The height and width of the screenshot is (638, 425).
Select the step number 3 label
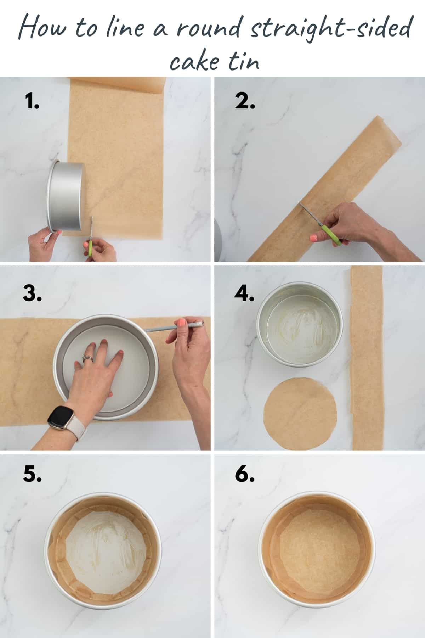[x=32, y=294]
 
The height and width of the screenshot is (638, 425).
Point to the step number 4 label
[x=244, y=294]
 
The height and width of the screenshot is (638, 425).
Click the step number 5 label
[x=32, y=474]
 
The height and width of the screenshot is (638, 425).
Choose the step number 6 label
[x=244, y=474]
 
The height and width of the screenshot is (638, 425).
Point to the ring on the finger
[x=87, y=359]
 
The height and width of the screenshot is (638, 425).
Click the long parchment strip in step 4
[x=367, y=358]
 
